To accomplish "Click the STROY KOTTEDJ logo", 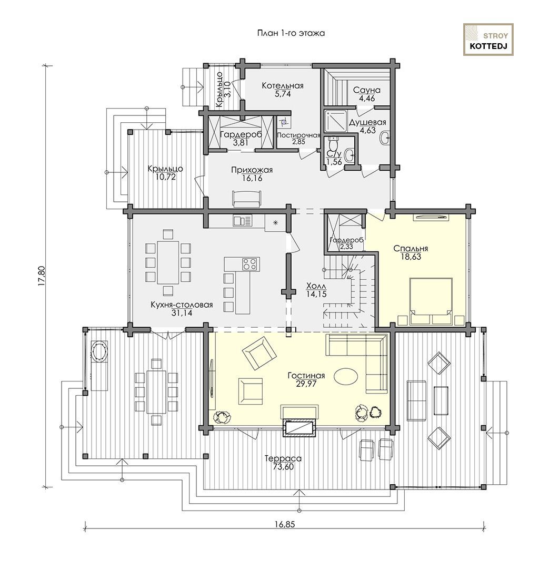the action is pyautogui.click(x=488, y=40).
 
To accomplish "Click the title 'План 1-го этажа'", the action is pyautogui.click(x=291, y=33).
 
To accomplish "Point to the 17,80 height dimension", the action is pyautogui.click(x=42, y=277).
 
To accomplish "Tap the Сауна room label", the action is pyautogui.click(x=367, y=90).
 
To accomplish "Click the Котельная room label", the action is pyautogui.click(x=282, y=86).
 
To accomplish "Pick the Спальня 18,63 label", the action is pyautogui.click(x=411, y=252).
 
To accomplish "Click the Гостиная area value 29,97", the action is pyautogui.click(x=306, y=384).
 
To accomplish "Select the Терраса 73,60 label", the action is pyautogui.click(x=283, y=463).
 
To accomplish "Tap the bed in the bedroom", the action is pyautogui.click(x=431, y=301).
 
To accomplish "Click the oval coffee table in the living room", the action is pyautogui.click(x=346, y=376).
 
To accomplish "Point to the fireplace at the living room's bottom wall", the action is pyautogui.click(x=300, y=427).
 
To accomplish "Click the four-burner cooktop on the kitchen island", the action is pyautogui.click(x=250, y=263).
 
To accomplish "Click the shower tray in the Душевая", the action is pyautogui.click(x=335, y=121).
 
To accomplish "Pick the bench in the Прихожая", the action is pyautogui.click(x=246, y=199).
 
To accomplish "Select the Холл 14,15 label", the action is pyautogui.click(x=316, y=290).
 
